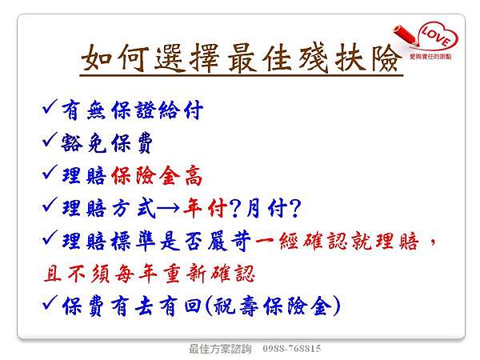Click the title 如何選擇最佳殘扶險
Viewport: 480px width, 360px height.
pyautogui.click(x=242, y=58)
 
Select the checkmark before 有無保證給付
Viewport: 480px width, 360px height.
pyautogui.click(x=50, y=107)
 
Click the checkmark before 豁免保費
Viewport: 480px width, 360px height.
pyautogui.click(x=50, y=139)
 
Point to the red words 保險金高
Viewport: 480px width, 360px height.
pyautogui.click(x=157, y=176)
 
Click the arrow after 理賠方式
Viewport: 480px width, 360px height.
pyautogui.click(x=169, y=208)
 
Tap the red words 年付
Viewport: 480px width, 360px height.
pyautogui.click(x=205, y=208)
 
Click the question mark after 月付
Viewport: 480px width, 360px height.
pyautogui.click(x=294, y=208)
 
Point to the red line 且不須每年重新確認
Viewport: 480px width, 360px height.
pyautogui.click(x=150, y=274)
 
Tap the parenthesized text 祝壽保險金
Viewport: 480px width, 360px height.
pyautogui.click(x=273, y=306)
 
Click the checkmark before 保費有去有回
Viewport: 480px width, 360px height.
pyautogui.click(x=50, y=302)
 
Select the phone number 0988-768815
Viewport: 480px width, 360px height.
pyautogui.click(x=292, y=349)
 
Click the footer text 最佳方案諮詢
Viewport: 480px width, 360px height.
pyautogui.click(x=220, y=349)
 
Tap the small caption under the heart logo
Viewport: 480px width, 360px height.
pyautogui.click(x=430, y=57)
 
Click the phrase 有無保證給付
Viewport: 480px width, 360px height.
pyautogui.click(x=132, y=110)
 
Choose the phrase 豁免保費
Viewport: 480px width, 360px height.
pyautogui.click(x=107, y=143)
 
